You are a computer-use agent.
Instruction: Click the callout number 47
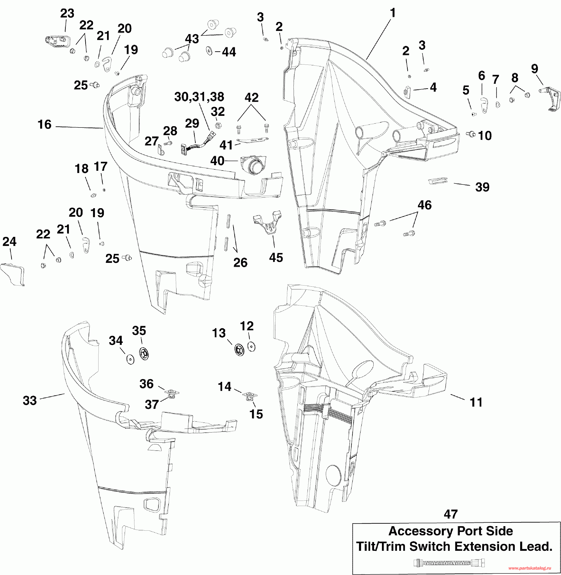(x=451, y=514)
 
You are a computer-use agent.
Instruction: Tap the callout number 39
(x=482, y=187)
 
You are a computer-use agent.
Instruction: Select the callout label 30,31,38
(x=199, y=97)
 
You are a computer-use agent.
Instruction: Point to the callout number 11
(x=476, y=402)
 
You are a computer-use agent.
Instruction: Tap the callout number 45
(x=276, y=257)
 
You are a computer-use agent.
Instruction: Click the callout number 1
(x=392, y=13)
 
